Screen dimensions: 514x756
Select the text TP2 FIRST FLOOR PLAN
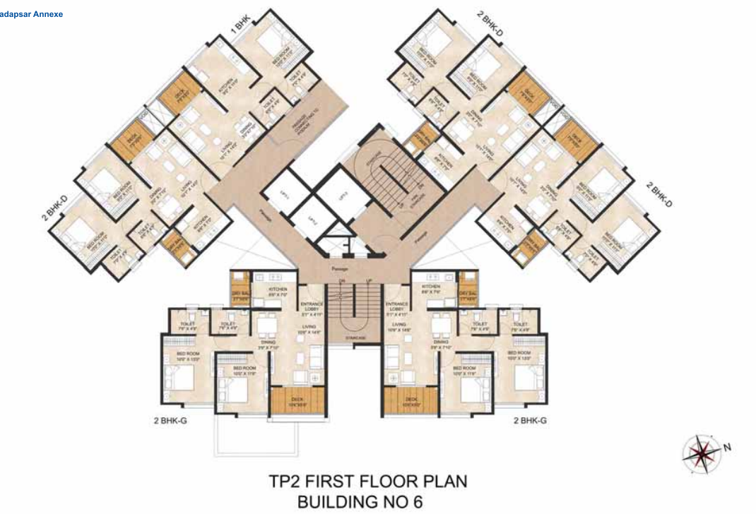[368, 483]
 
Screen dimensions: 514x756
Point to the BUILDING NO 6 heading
[368, 503]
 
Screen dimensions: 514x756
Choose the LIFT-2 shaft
[310, 219]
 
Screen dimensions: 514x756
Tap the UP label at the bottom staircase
[367, 282]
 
